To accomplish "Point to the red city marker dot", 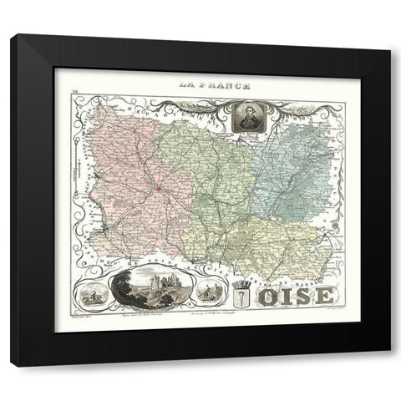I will [156, 190].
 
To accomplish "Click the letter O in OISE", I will [266, 297].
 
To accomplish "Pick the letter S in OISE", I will [303, 297].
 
